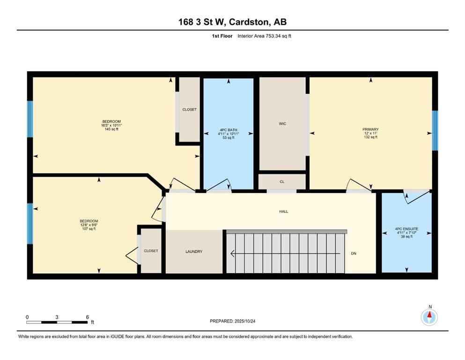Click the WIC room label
tap(282, 124)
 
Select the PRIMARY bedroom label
tap(370, 129)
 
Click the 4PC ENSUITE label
tap(406, 229)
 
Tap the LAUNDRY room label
tap(193, 252)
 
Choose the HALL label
tap(284, 211)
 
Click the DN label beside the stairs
tap(354, 254)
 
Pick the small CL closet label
tap(282, 181)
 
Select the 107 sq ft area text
tap(89, 229)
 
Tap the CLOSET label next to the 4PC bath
tap(189, 110)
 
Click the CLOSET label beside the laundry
tap(151, 251)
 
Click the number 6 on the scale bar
tap(88, 317)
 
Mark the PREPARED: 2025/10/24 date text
tap(232, 321)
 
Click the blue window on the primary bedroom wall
tap(435, 130)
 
